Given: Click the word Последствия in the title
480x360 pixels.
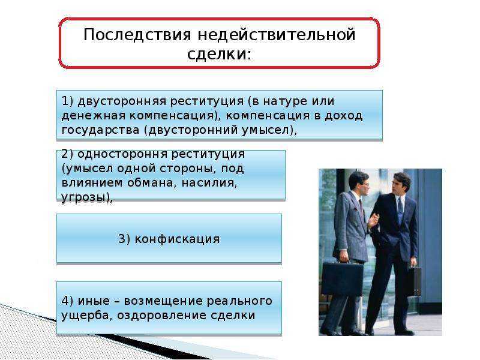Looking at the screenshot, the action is point(137,34).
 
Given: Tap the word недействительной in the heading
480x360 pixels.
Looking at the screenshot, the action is point(277,34).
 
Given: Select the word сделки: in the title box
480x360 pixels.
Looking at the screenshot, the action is point(219,54).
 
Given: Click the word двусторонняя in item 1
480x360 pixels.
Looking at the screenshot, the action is point(122,101).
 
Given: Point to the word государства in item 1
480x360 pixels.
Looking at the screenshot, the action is point(100,130).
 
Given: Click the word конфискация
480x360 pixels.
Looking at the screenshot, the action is point(177,239).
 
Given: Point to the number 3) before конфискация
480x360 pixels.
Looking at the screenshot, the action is point(124,239).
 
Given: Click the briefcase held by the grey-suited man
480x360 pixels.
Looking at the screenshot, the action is point(342,277).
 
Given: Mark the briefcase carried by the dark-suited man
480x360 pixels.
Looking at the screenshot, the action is point(413,280).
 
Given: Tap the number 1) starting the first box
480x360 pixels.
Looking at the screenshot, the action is point(67,101).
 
